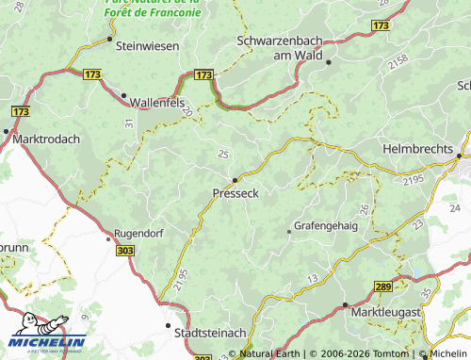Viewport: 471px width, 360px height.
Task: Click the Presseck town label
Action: pyautogui.click(x=235, y=192)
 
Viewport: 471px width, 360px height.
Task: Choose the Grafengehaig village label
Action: pyautogui.click(x=326, y=226)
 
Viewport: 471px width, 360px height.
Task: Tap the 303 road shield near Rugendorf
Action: pyautogui.click(x=125, y=251)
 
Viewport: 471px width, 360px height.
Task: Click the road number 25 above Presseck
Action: pyautogui.click(x=223, y=154)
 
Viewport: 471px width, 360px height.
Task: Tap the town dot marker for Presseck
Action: pyautogui.click(x=235, y=178)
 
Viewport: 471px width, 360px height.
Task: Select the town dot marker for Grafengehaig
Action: pyautogui.click(x=289, y=230)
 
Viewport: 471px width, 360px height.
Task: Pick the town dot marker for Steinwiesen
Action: pyautogui.click(x=109, y=41)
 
